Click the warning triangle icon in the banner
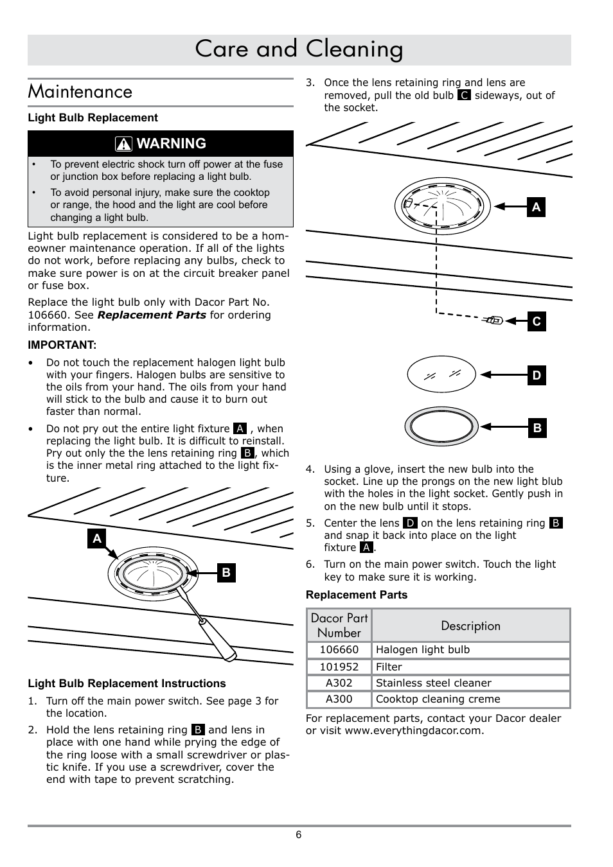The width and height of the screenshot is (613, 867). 125,144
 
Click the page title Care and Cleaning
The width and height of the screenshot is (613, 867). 299,49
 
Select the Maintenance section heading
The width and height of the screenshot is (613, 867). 80,92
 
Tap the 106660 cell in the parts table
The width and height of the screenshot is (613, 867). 339,650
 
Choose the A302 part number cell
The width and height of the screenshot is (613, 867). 339,683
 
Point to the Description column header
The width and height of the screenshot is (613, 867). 470,626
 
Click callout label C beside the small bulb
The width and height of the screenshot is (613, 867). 537,322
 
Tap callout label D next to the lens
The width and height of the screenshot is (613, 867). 537,376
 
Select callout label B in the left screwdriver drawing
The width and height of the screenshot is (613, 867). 226,572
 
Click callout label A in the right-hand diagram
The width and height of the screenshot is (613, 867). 536,207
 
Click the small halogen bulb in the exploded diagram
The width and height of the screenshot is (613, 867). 494,320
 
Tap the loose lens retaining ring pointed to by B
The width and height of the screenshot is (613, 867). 441,427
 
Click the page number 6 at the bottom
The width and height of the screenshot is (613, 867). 299,835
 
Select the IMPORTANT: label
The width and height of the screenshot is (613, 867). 62,345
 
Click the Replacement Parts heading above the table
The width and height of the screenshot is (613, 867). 357,595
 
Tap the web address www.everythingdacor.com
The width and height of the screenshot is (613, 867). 414,731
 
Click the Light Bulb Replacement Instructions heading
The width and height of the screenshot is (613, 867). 127,683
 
